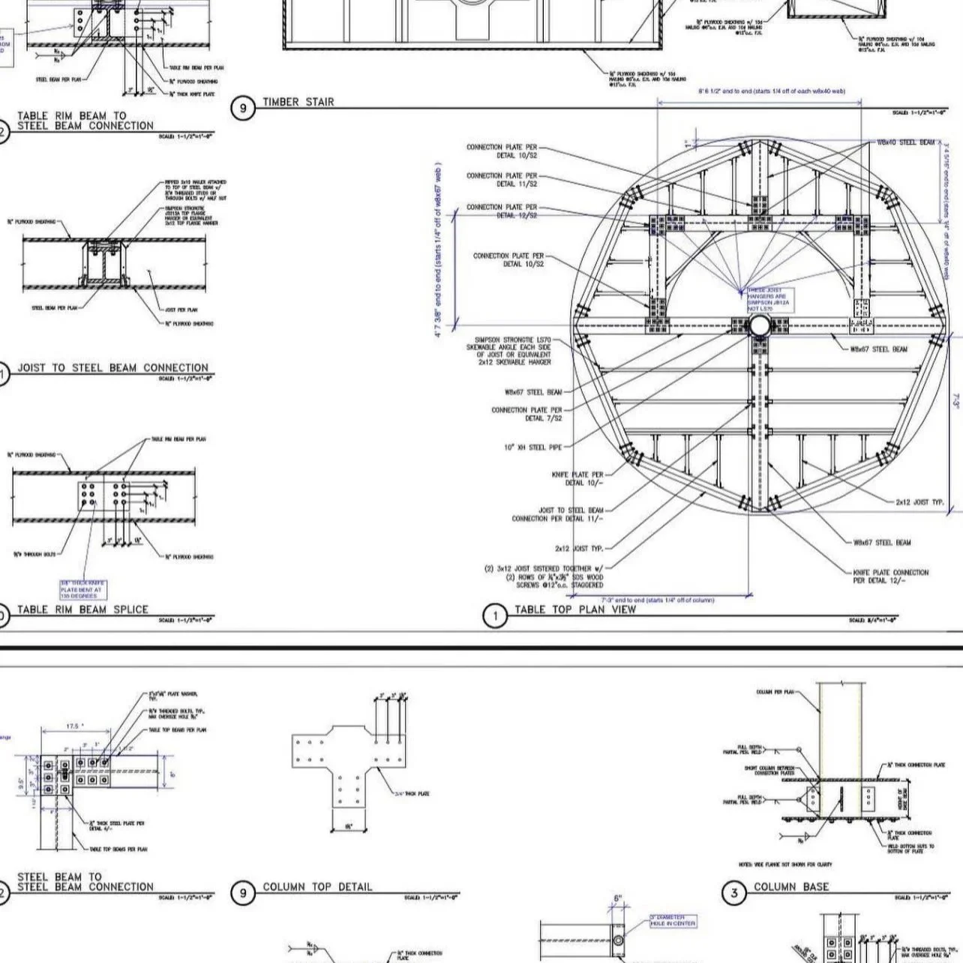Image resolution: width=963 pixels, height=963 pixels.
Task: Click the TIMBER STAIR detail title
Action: pos(298,102)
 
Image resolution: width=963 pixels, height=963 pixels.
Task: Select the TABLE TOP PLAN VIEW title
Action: pos(574,610)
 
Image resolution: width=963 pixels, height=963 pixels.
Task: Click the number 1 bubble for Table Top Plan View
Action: pos(494,616)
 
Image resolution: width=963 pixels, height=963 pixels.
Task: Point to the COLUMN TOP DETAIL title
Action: pos(317,886)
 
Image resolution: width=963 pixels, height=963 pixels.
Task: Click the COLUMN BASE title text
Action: pos(791,886)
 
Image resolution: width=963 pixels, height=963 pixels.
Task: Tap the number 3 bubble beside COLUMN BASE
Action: pos(734,892)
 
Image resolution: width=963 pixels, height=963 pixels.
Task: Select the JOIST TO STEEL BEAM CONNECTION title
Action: pos(112,367)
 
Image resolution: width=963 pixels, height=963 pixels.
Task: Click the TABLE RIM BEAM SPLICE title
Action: pos(82,610)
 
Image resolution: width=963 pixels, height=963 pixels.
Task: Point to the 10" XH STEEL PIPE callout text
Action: pos(532,448)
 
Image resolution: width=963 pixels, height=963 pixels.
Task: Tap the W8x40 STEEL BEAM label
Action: pos(905,142)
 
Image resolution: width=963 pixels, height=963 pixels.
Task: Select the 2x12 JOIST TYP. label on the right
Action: pos(919,502)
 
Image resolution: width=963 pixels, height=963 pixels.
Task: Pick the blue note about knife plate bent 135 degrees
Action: pos(82,589)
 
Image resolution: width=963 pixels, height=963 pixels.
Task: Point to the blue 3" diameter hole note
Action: pos(672,920)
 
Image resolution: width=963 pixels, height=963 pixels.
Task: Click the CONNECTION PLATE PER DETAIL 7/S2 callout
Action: pos(526,414)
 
